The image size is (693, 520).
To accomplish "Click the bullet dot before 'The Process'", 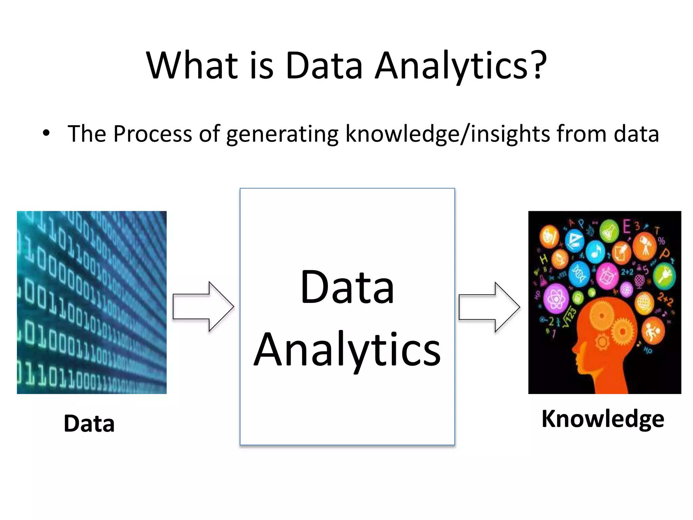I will click(x=46, y=133).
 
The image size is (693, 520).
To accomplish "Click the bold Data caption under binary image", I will click(x=89, y=424).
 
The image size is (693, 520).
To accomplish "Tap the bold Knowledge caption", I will click(x=603, y=419).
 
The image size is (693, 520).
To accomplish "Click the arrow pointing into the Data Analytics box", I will click(x=203, y=306).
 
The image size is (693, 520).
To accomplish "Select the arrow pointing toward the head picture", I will click(x=489, y=307).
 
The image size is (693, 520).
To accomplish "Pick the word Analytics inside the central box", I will click(x=347, y=349).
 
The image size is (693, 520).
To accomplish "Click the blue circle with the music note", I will click(x=595, y=252).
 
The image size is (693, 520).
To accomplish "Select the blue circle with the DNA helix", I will click(x=579, y=275).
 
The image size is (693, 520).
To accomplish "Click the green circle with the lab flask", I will click(x=609, y=231).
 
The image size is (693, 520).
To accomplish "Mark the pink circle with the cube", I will click(x=606, y=276).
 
